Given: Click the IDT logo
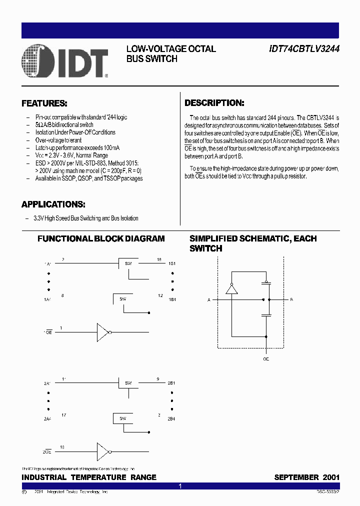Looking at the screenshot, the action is point(65,62).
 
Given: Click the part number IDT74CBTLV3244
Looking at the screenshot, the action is point(304,49).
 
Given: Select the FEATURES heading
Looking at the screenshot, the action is point(44,103).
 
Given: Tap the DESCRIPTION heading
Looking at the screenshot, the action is point(214,103).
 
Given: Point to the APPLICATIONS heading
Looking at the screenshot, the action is point(53,204).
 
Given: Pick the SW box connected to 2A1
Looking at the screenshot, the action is point(128,383).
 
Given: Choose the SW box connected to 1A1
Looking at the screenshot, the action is point(128,263).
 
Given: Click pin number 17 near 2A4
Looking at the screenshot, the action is point(63,414).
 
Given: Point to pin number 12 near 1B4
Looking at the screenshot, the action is point(160,296).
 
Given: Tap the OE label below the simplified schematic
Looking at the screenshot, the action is point(266,359).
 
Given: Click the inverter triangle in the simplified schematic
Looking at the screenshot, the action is point(231,289).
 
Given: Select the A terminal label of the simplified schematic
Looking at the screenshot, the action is point(208,300).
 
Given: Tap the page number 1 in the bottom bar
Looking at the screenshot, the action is point(180,486).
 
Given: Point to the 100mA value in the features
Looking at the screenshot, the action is point(111,148).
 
